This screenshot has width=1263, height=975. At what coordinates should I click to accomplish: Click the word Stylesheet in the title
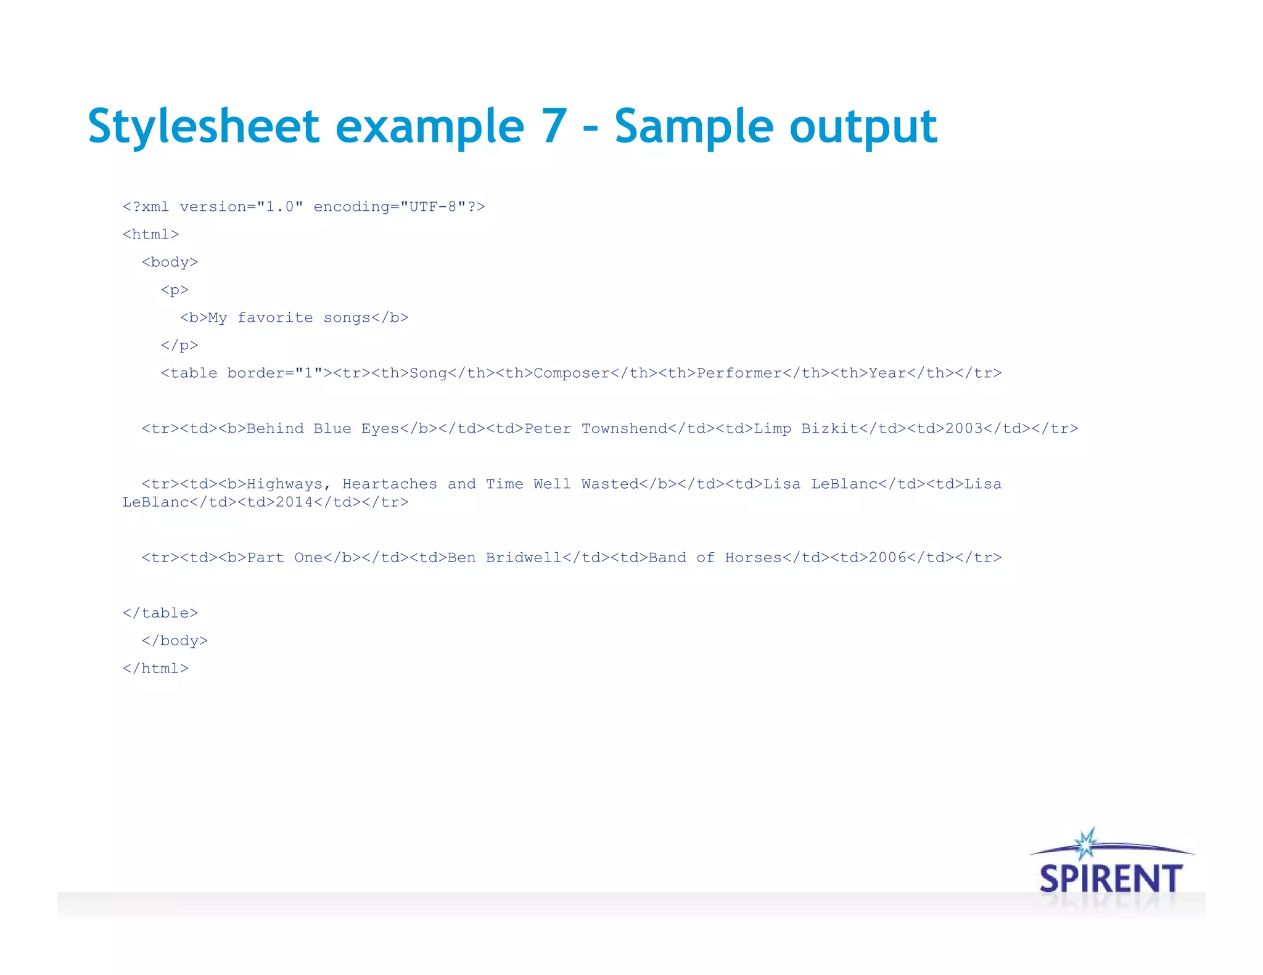[x=204, y=126]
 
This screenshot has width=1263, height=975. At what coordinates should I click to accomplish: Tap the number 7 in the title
[x=554, y=126]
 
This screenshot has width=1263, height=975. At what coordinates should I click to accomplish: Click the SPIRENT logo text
[x=1110, y=878]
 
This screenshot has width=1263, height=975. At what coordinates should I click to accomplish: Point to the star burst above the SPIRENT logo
[x=1086, y=843]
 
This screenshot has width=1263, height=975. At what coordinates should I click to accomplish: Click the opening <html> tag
[x=150, y=235]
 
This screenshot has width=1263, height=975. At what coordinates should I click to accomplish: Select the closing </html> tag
[x=155, y=669]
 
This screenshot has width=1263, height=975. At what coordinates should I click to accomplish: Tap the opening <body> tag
[x=170, y=263]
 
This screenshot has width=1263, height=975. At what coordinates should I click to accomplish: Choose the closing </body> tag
[x=175, y=641]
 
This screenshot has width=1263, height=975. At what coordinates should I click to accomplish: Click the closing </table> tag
[x=160, y=613]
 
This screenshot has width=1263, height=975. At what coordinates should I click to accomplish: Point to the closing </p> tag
[x=179, y=346]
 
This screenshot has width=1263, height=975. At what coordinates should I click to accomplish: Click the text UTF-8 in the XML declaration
[x=432, y=207]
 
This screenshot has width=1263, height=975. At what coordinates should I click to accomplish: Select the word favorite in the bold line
[x=275, y=318]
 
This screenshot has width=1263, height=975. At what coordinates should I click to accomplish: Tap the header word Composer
[x=572, y=373]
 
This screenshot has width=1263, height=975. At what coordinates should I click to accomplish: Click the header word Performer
[x=739, y=373]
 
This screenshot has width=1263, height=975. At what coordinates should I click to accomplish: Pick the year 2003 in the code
[x=964, y=429]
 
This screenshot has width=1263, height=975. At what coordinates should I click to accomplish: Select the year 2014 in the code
[x=294, y=502]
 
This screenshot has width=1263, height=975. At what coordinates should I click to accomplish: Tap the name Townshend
[x=625, y=429]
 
